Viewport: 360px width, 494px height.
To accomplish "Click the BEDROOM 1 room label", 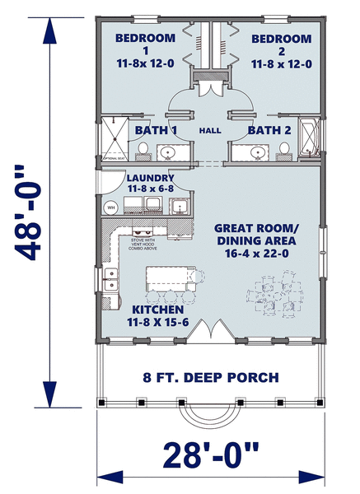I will [x=145, y=39].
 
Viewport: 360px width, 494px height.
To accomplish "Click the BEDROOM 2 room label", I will [x=282, y=39].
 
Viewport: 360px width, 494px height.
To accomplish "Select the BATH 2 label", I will [x=268, y=130].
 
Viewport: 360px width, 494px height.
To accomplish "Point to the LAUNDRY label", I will [x=150, y=177].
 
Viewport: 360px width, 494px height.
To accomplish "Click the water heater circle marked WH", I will [x=110, y=207].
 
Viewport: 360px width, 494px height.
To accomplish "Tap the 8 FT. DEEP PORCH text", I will [x=211, y=378].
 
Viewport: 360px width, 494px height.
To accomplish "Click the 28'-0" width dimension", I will [x=211, y=454].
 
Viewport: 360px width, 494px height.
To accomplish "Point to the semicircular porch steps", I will [x=211, y=417].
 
